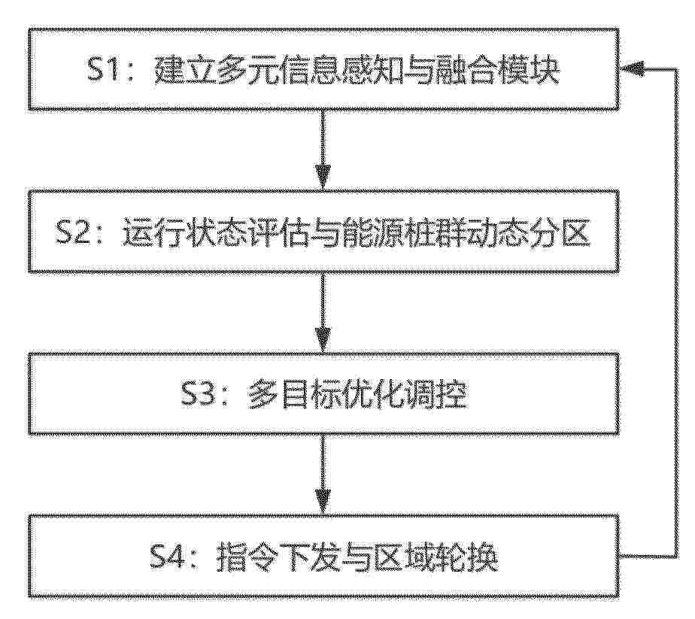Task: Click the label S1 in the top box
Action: (x=103, y=70)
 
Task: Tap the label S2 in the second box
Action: (x=72, y=231)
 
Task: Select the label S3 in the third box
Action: (x=199, y=393)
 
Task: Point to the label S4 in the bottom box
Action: (x=168, y=557)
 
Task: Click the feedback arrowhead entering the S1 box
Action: (x=633, y=68)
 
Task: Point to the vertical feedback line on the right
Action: (x=677, y=312)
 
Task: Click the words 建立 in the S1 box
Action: (x=185, y=71)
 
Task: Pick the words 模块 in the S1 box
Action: (x=530, y=71)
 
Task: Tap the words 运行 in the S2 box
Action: (x=153, y=232)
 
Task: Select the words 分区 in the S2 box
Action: (x=560, y=232)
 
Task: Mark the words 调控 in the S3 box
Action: (x=436, y=394)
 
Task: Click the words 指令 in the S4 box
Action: (x=247, y=557)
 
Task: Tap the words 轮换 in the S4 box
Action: (x=467, y=557)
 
